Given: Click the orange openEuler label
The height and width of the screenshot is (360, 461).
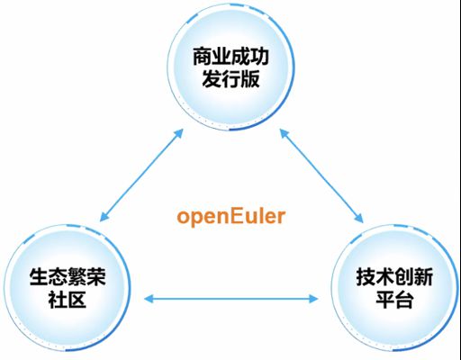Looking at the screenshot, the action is (231, 217).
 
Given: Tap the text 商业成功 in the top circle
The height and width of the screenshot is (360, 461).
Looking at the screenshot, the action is (230, 57).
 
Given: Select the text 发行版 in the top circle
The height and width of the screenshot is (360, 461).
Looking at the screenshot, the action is (230, 79).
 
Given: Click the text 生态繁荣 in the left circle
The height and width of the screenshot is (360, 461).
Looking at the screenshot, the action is (68, 276).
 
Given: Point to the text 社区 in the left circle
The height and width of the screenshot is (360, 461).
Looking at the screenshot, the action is (68, 299).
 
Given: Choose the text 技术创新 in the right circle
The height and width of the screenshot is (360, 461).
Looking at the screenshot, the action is (394, 276).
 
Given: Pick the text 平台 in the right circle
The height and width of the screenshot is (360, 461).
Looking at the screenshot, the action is (394, 299).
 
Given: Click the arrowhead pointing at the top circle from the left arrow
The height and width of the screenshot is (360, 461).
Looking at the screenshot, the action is (179, 133).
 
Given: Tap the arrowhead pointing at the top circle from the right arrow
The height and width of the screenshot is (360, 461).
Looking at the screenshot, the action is (284, 133).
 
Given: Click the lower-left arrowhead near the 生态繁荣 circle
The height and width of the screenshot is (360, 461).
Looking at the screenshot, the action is (104, 217).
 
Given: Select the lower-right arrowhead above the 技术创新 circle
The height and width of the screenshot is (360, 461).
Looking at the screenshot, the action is (359, 218).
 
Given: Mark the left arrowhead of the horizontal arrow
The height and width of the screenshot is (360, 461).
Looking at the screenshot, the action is (149, 299).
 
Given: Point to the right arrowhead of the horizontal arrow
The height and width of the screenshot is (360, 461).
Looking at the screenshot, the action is (313, 299).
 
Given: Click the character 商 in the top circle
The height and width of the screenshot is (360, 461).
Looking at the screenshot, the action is (202, 57).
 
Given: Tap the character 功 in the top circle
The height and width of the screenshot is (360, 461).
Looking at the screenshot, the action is (259, 57).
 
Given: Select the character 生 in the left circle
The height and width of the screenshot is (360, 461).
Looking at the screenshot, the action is (39, 276).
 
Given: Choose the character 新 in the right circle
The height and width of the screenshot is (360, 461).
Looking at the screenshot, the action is (423, 276).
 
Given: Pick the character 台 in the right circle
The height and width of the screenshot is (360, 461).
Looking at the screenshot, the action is (404, 299).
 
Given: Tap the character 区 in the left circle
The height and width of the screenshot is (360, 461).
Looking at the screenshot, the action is (77, 299).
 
